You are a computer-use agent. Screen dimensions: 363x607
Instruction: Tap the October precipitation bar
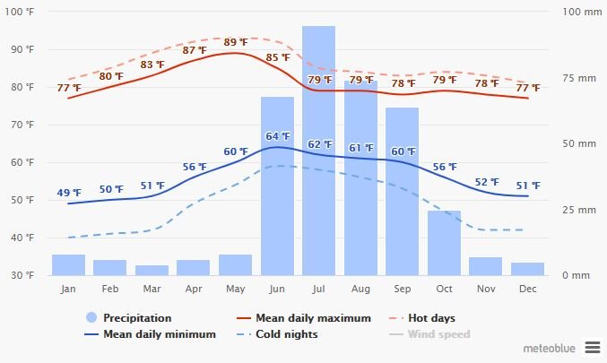[444, 243]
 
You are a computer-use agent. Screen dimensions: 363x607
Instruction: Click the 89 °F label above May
[236, 42]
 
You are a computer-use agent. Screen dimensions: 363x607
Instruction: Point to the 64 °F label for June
[278, 136]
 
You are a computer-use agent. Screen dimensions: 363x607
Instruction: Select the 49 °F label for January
[69, 193]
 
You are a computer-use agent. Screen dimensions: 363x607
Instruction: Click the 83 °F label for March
[152, 65]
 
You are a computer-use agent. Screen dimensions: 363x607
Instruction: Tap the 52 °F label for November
[486, 182]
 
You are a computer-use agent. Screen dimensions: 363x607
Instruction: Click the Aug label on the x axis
[360, 290]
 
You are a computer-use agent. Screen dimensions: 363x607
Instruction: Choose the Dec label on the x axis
[527, 290]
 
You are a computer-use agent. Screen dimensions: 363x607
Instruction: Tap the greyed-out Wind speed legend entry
[438, 334]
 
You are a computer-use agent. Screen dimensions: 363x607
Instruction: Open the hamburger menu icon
[592, 346]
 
